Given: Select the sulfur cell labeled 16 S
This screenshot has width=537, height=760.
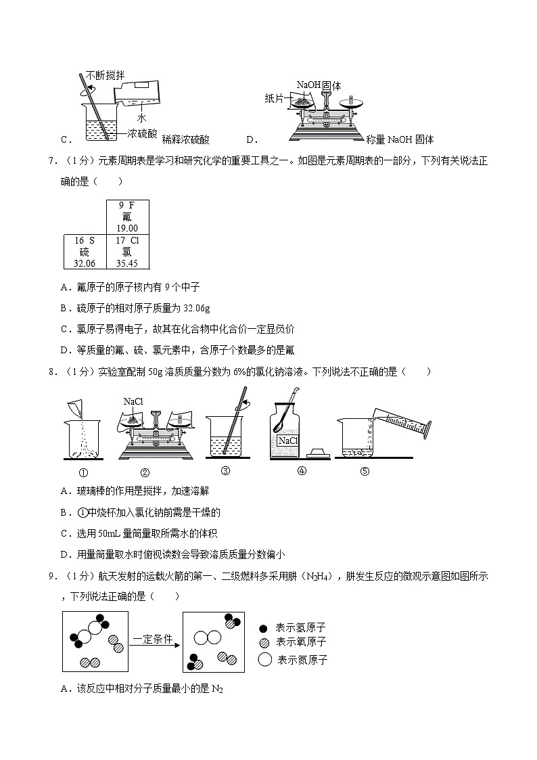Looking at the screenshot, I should coord(85,252).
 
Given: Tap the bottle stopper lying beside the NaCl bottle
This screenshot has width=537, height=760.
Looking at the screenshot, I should coord(318,453).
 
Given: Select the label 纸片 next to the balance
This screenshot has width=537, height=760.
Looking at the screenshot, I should coord(274,98).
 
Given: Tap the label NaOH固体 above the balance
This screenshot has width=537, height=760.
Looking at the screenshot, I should coord(319,85).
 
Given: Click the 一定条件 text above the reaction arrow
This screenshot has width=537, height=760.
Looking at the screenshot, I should coord(153,638).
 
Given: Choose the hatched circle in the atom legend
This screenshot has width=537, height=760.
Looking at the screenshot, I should coord(264,642).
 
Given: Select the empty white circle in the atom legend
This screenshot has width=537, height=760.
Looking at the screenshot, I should coord(264,659).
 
